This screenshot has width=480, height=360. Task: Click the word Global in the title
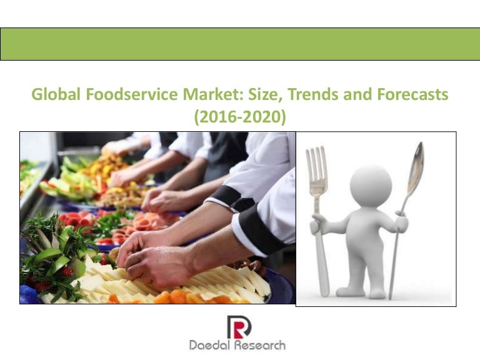click(x=55, y=96)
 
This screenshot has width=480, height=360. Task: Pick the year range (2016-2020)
click(x=240, y=116)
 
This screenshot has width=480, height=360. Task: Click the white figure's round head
click(x=370, y=185)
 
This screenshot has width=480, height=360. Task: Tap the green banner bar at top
click(x=240, y=44)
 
